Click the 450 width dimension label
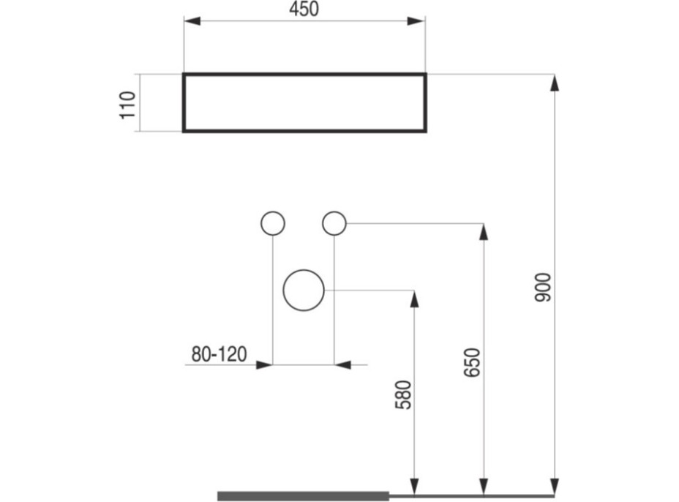coord(304,9)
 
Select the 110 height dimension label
coord(128,105)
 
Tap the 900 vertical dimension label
coord(543,287)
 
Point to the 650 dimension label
coord(472,362)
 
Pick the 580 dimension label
coord(403,394)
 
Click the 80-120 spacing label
coord(219,354)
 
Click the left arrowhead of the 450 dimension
coord(192,20)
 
